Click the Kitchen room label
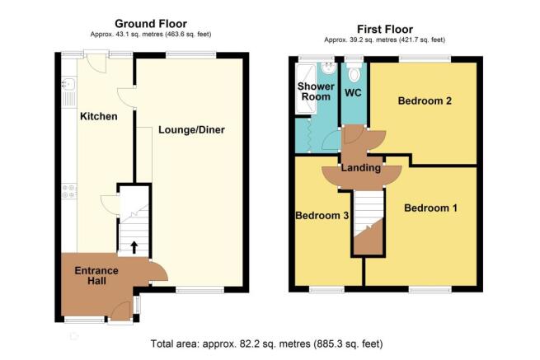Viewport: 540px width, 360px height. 98,116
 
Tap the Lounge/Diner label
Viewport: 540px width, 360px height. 191,130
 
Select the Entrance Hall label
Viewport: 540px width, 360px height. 96,276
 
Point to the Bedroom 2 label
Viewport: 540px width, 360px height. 425,101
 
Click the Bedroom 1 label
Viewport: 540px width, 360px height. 430,208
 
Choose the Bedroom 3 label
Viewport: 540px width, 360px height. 322,216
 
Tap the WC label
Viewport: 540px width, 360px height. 353,92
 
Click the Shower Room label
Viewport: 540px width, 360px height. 316,91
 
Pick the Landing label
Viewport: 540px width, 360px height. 361,168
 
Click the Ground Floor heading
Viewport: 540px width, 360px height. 151,23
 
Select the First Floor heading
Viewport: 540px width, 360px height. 385,29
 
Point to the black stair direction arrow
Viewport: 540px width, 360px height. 134,247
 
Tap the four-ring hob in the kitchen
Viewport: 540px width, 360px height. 69,192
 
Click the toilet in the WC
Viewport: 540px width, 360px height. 354,72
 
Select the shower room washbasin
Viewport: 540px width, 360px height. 329,68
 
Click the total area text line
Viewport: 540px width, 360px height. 266,344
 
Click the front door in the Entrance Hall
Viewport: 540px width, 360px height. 121,311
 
